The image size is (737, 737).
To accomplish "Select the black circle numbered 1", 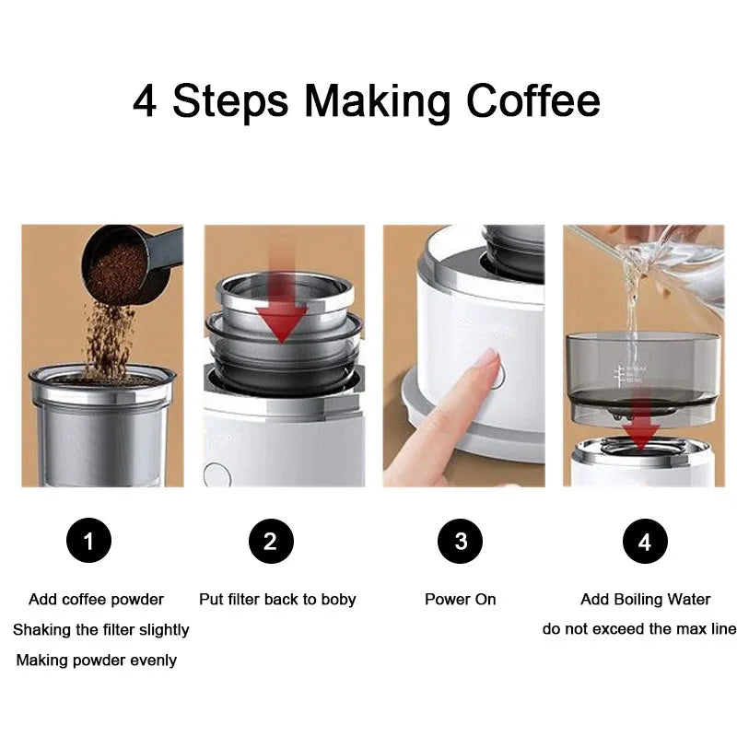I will coord(88,541).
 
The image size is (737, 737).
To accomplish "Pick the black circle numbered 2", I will coord(270,541).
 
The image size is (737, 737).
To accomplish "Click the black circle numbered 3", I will coord(461,541).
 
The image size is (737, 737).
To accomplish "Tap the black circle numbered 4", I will coord(645,541).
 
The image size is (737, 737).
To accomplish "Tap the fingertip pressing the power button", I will coord(485,361).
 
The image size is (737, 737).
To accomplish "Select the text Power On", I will coord(461,600).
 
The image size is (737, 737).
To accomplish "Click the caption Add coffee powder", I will coord(96,600).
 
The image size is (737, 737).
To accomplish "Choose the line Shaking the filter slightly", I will coord(100,630).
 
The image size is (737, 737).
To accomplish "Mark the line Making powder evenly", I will coord(97,661).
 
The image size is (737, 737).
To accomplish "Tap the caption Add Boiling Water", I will coord(645,600).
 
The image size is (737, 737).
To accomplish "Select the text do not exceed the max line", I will coord(639,630).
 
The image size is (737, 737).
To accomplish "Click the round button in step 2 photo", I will coord(216,474).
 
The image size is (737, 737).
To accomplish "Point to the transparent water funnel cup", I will coord(642,368).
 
